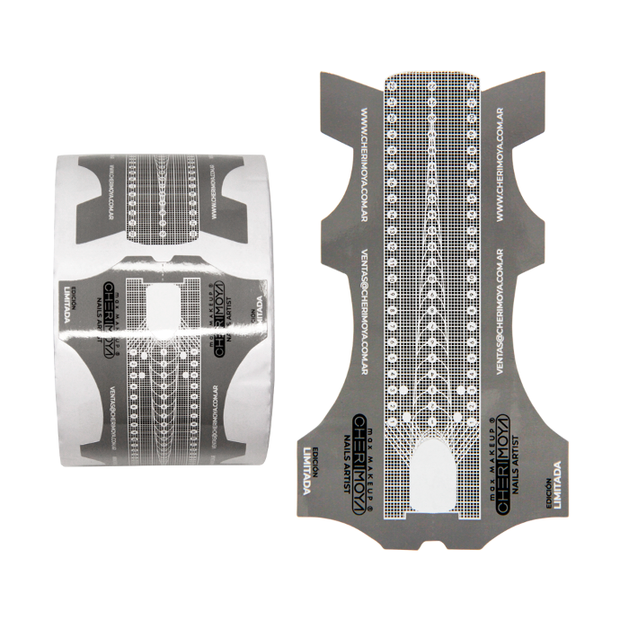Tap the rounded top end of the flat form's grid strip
(x=432, y=76)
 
